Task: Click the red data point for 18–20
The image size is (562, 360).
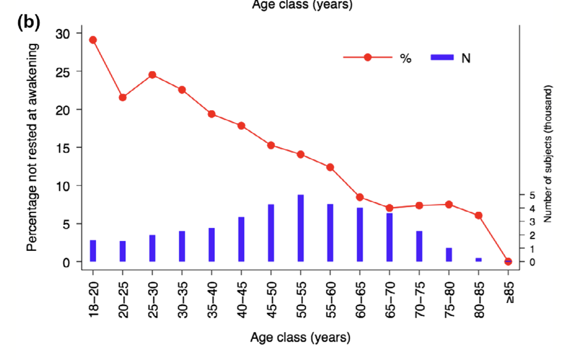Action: tap(93, 40)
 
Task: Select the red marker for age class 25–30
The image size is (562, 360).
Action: tap(152, 75)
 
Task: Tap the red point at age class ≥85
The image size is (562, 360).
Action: tap(508, 261)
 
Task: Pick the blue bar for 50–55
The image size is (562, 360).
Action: tap(301, 228)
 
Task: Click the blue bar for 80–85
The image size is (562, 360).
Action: tap(479, 259)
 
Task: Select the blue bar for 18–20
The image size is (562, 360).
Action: tap(93, 251)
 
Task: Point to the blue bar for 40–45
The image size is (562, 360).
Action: tap(241, 239)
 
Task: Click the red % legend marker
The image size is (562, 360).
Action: tap(367, 57)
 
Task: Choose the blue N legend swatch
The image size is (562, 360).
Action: tap(442, 57)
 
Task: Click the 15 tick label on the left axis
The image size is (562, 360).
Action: tap(63, 148)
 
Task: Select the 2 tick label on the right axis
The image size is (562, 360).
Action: tap(532, 235)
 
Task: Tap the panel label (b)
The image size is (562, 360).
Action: tap(29, 22)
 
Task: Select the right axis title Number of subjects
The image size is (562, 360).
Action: tap(548, 154)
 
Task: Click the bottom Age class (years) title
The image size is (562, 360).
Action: tap(300, 338)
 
